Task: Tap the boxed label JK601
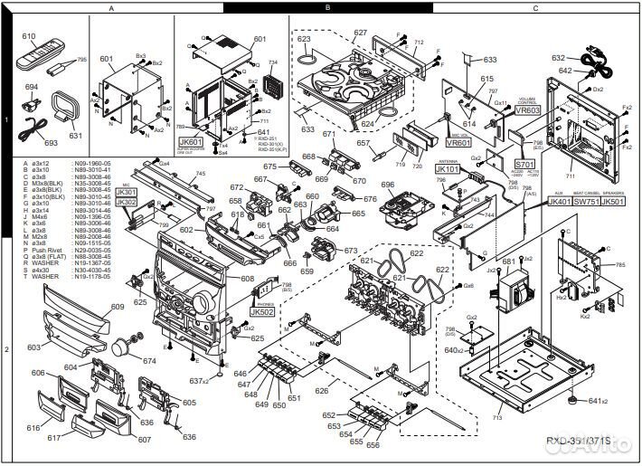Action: tap(191, 142)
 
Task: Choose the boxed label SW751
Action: tap(587, 203)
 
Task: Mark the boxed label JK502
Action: tap(262, 310)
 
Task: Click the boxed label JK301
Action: tap(127, 192)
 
